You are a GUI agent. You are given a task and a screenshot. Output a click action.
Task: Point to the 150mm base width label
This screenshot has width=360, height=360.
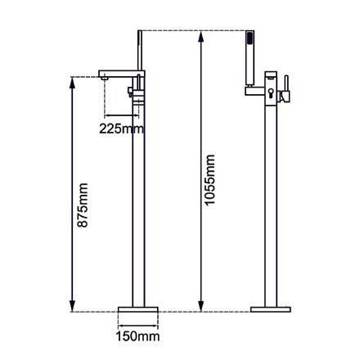point(136,335)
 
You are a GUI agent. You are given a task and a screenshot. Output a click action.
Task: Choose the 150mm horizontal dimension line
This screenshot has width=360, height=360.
point(136,322)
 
